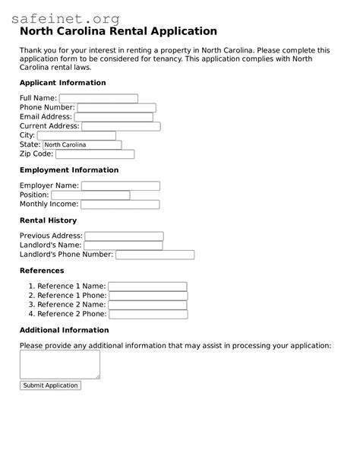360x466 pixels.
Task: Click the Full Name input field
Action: [98, 99]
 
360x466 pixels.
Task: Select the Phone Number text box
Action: [116, 108]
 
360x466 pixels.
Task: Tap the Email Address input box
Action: [113, 117]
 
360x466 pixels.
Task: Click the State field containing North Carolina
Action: [80, 144]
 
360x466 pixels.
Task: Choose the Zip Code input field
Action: [94, 154]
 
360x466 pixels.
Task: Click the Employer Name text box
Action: [120, 185]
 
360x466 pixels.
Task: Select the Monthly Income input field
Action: [120, 204]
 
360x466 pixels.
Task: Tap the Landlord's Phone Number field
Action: [154, 255]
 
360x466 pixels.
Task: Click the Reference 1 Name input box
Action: [147, 287]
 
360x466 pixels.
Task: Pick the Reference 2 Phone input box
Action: [147, 314]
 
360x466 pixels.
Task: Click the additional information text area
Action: [59, 364]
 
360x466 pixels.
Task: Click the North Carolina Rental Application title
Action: [118, 32]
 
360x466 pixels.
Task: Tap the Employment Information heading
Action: [69, 170]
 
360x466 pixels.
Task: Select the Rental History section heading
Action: [48, 220]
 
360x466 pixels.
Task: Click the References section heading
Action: [42, 271]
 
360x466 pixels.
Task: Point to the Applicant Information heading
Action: [62, 83]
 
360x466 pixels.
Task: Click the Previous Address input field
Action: [124, 236]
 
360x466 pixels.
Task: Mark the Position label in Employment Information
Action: [34, 195]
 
